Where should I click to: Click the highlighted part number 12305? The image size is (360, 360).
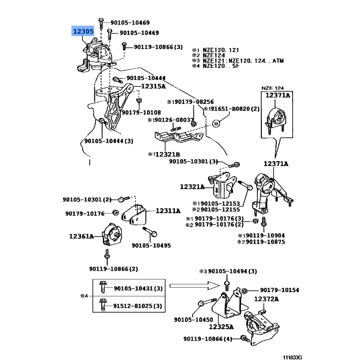tap(83, 31)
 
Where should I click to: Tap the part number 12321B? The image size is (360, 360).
tap(167, 154)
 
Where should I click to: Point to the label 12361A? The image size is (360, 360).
tap(81, 236)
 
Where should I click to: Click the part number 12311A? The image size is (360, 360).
tap(168, 210)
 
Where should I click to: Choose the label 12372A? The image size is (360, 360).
tap(267, 299)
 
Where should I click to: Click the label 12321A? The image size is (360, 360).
tap(192, 186)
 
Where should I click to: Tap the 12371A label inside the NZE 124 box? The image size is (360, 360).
tap(278, 95)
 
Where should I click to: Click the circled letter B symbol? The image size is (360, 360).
tap(215, 123)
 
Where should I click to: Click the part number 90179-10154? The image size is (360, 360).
tap(279, 290)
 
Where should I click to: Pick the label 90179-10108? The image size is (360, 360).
tap(141, 112)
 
